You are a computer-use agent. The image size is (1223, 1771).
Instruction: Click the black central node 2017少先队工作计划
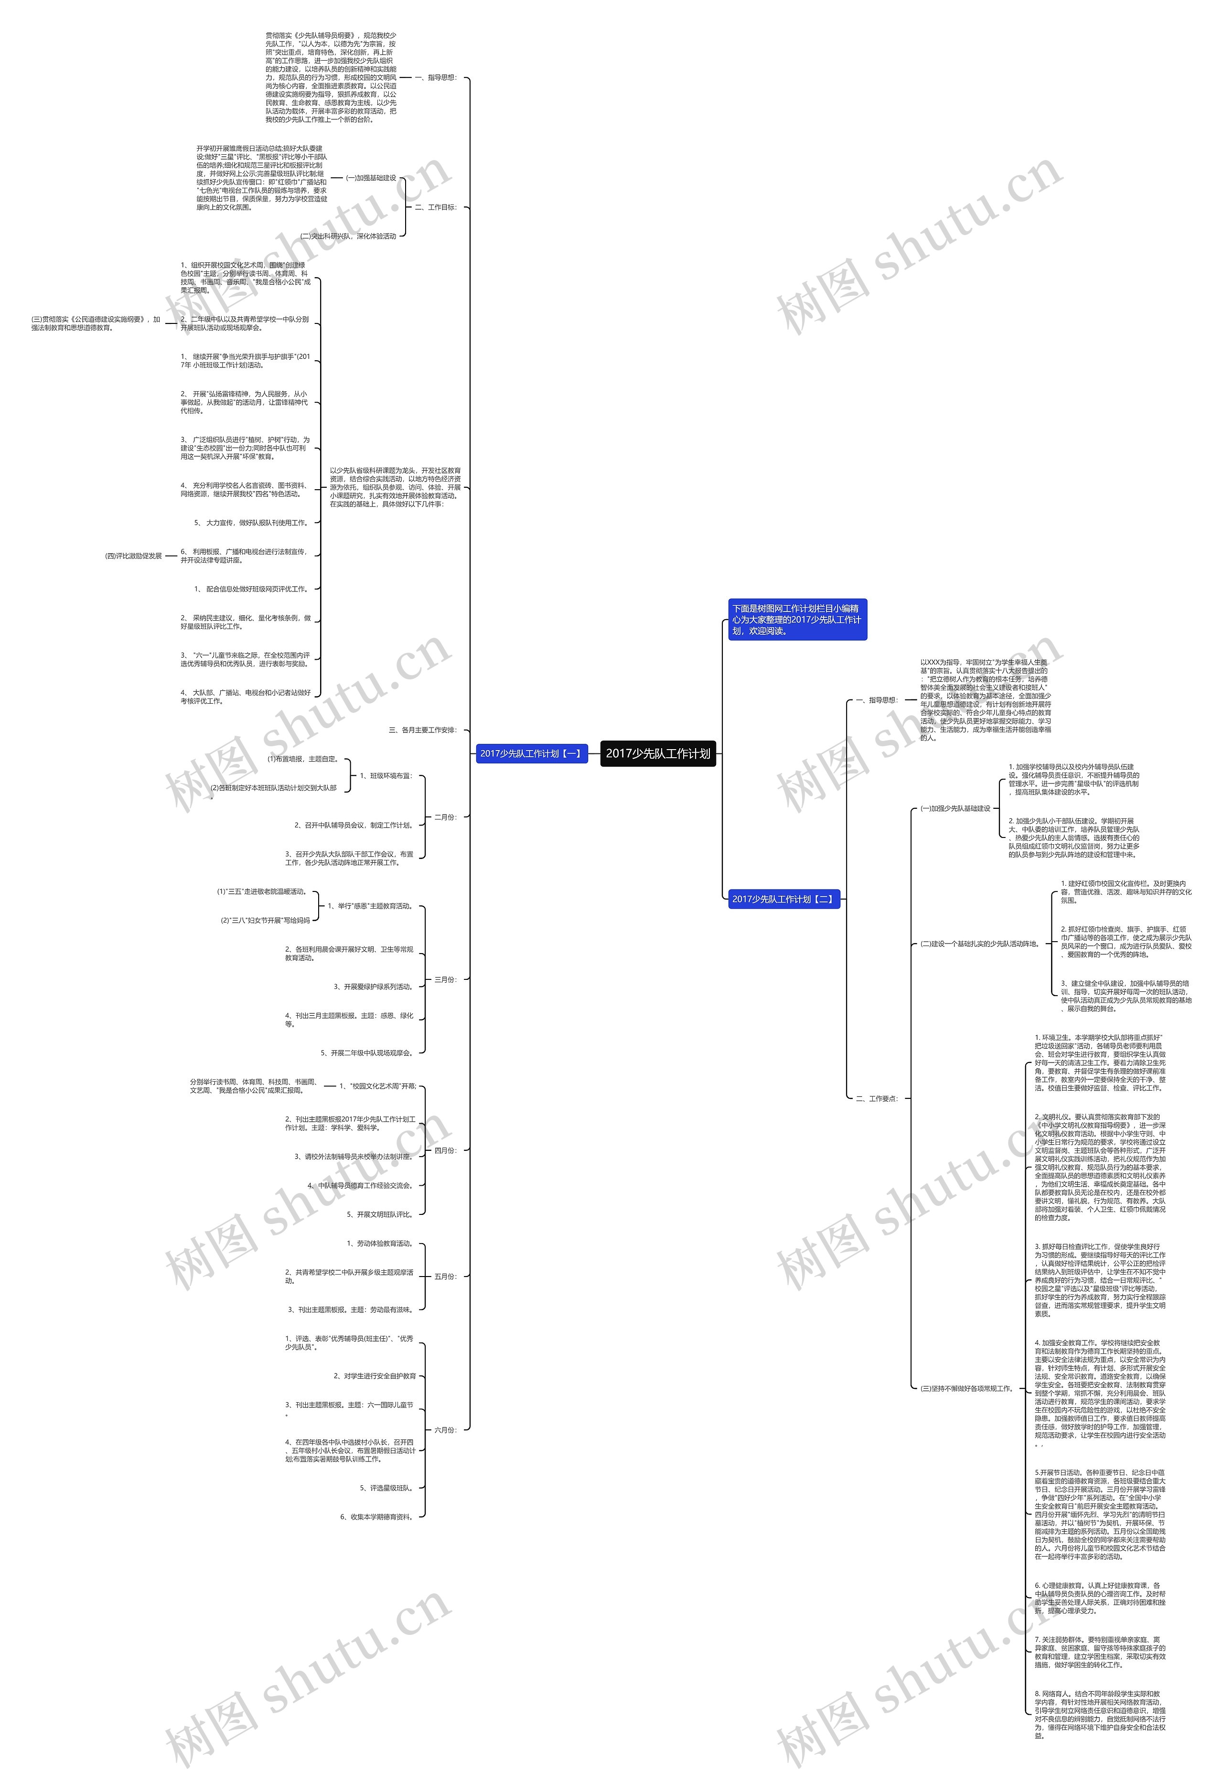657,753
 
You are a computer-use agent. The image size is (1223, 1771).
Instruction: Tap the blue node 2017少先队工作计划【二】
783,899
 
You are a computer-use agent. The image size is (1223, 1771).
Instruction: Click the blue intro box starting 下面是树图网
797,619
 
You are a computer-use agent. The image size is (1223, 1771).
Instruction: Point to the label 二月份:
445,817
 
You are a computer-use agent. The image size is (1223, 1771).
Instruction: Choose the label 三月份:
445,979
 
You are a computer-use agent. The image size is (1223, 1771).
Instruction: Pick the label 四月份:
445,1150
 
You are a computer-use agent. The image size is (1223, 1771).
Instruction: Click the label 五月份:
445,1277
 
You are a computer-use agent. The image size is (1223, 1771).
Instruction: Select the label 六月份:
445,1430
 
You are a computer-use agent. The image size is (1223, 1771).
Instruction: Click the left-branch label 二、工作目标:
435,207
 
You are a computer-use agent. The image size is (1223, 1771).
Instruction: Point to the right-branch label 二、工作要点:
876,1098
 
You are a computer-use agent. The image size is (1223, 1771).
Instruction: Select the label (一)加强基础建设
371,178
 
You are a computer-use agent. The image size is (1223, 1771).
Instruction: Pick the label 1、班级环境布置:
386,775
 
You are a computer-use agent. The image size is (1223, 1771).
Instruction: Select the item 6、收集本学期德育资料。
376,1516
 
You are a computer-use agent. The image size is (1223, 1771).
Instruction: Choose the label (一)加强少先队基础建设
955,808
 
